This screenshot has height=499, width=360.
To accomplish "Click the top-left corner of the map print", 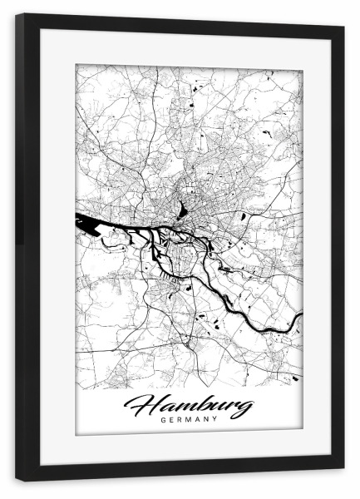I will [x=76, y=65].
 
